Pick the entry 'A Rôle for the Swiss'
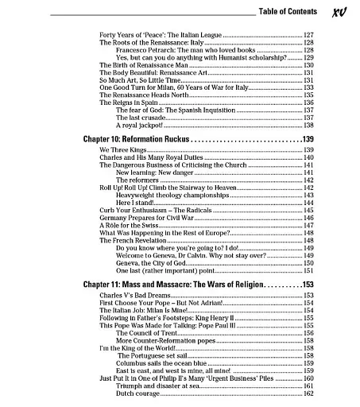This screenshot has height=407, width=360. [126, 225]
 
